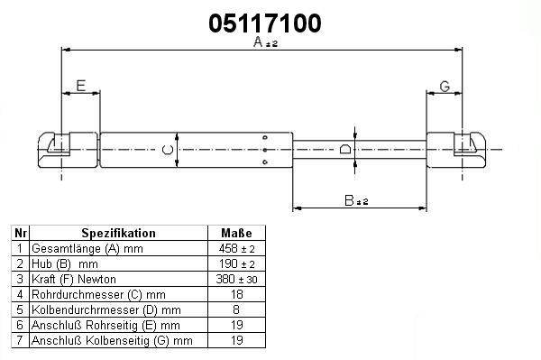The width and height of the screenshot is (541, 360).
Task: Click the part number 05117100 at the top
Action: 265,23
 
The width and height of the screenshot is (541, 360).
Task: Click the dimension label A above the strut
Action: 258,42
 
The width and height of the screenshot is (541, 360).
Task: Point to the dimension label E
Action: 81,86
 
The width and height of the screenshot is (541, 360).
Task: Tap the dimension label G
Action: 445,87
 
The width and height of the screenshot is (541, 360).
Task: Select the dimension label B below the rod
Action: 350,200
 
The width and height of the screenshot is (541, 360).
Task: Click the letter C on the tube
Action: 168,150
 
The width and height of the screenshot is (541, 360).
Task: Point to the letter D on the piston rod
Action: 345,149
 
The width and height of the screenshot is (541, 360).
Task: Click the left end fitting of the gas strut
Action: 68,150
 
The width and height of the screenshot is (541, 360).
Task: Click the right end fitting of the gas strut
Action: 456,150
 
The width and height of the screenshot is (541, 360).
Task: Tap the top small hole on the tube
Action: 265,137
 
